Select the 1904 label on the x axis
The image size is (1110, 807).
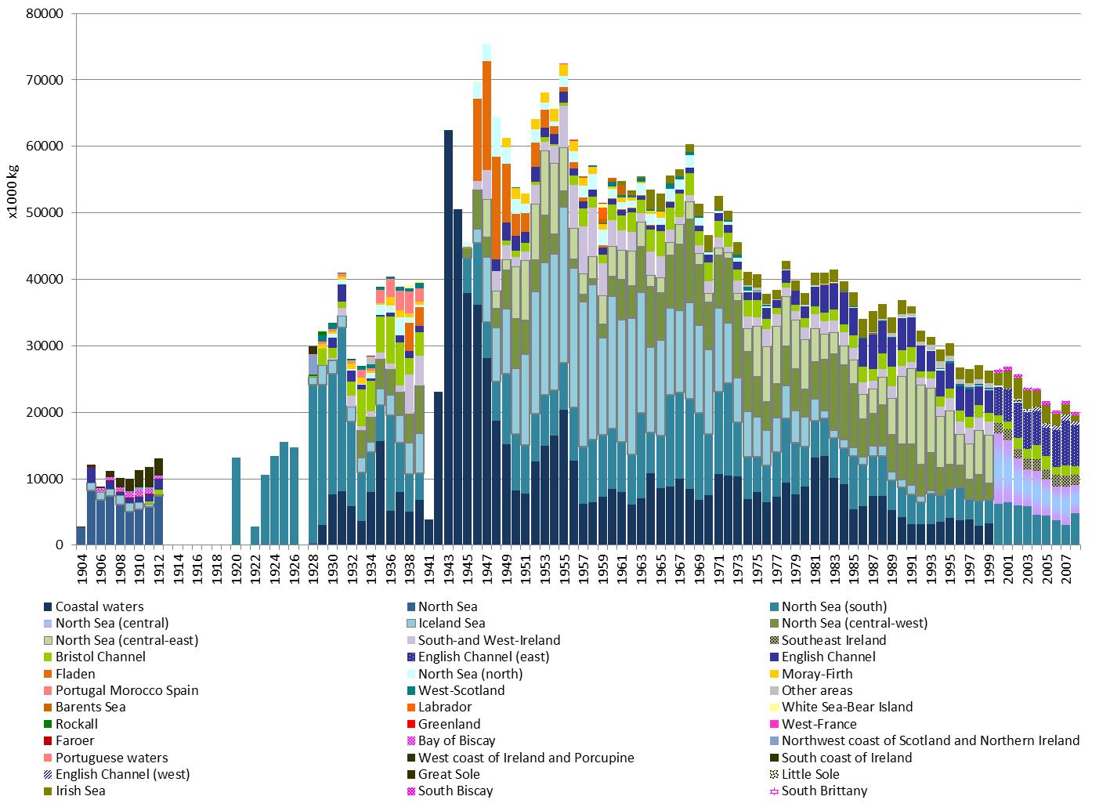[81, 570]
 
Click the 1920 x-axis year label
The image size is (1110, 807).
[236, 570]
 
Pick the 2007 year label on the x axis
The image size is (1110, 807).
[1065, 570]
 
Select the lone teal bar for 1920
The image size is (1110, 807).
[236, 501]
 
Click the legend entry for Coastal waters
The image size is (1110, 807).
[99, 606]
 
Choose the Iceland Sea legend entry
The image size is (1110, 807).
[451, 624]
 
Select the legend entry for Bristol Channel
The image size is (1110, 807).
[100, 657]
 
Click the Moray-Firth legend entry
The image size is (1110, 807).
[816, 674]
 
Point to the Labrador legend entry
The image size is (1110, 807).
[446, 707]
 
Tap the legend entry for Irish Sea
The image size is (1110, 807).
[80, 791]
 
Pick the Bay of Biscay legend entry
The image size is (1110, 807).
[456, 740]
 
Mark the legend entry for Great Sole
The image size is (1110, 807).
[449, 774]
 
